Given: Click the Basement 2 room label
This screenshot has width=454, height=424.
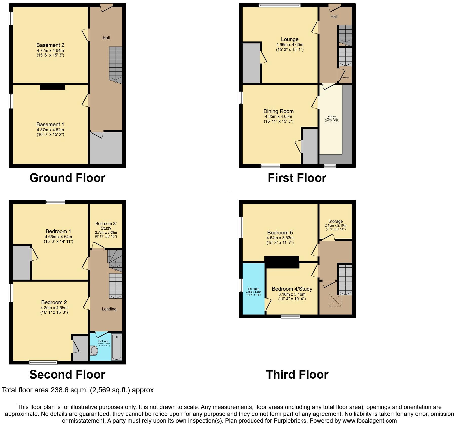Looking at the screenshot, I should (50, 45).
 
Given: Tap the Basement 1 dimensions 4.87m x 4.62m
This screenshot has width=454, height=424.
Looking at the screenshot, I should (50, 130).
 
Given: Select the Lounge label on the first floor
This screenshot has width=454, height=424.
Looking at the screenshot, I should (290, 39).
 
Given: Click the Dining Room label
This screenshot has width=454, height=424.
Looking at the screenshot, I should (278, 111).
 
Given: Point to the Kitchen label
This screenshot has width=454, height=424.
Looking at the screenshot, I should (332, 117).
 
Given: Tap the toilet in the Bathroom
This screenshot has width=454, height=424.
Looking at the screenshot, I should (94, 351).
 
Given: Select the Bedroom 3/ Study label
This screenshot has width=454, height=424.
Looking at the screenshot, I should (106, 226).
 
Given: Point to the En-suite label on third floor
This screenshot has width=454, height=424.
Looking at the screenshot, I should (253, 289).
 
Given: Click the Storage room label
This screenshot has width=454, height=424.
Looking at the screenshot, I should (335, 221).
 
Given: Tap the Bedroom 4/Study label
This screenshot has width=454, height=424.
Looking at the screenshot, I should (292, 289).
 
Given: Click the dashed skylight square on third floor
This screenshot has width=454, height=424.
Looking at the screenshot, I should (335, 300).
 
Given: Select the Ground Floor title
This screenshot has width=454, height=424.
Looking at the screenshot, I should (67, 178).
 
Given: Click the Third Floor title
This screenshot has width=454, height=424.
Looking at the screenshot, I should (297, 375).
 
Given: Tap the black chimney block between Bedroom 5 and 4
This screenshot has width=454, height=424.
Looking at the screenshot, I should (282, 262).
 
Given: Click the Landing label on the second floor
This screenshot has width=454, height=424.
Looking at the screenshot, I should (109, 309).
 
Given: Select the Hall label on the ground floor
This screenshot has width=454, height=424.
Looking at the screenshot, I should (106, 38).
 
